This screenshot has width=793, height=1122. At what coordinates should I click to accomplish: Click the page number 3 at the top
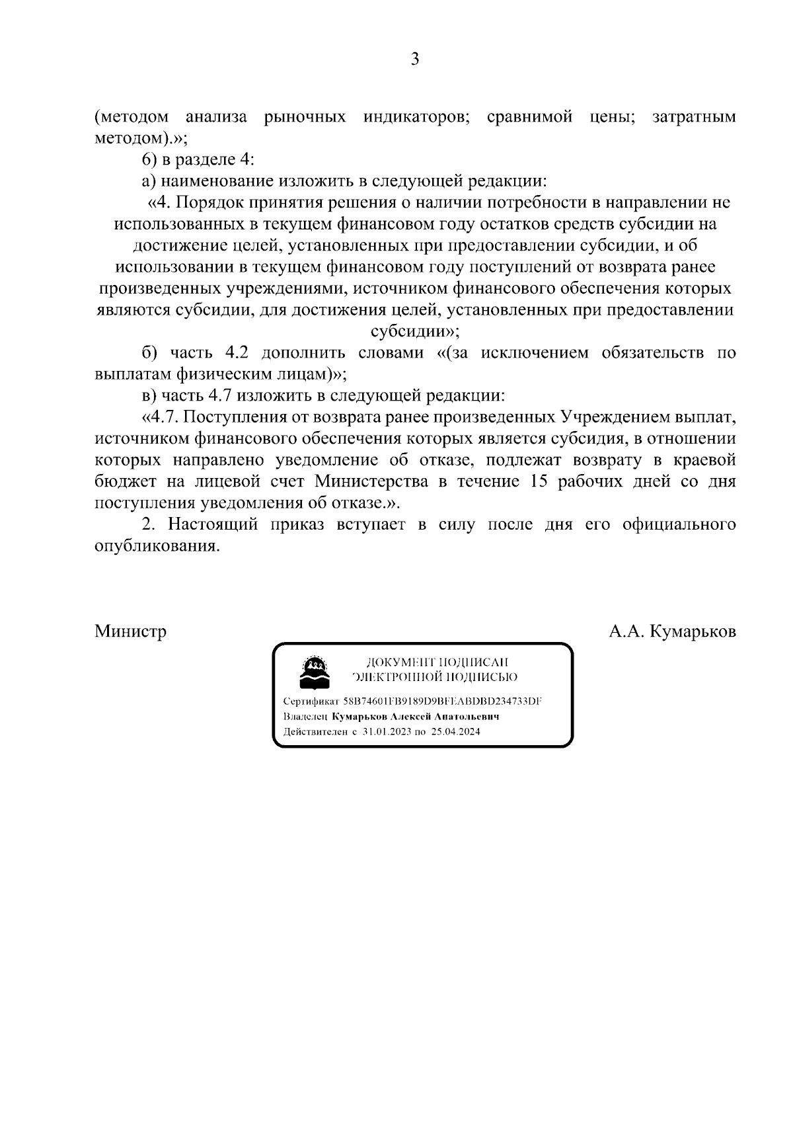[x=415, y=60]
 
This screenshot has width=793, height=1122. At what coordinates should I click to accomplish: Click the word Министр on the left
[x=130, y=631]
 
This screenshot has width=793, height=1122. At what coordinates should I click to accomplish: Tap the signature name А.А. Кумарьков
[x=672, y=631]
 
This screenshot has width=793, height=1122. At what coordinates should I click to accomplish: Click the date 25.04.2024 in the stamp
[x=455, y=732]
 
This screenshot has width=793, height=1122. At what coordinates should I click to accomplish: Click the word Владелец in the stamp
[x=305, y=717]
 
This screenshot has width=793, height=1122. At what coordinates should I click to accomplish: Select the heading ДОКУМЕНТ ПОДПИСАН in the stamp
[x=437, y=662]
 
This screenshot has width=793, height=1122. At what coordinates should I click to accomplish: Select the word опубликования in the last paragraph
[x=157, y=546]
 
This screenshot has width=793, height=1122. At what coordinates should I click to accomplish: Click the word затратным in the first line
[x=694, y=118]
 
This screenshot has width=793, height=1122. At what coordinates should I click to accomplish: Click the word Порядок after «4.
[x=209, y=202]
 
